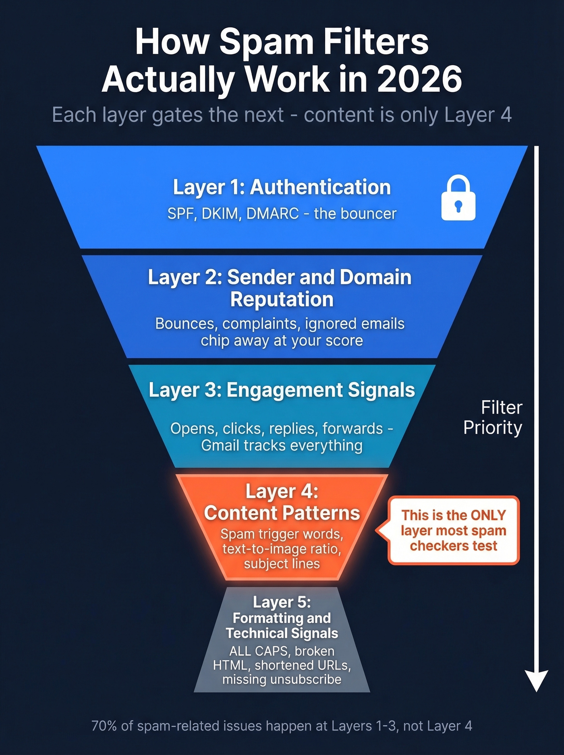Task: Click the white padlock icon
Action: [x=458, y=198]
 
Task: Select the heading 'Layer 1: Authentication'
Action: [x=282, y=188]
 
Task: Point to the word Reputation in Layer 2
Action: [x=282, y=300]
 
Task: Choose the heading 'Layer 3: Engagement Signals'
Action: [x=282, y=390]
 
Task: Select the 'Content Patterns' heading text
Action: [x=282, y=513]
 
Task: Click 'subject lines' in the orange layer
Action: [x=282, y=564]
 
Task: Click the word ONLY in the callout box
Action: [x=488, y=515]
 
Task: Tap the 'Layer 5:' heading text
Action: [x=282, y=602]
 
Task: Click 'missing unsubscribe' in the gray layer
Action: [x=282, y=680]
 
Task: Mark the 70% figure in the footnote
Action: [x=104, y=726]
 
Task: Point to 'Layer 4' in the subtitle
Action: [x=478, y=115]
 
